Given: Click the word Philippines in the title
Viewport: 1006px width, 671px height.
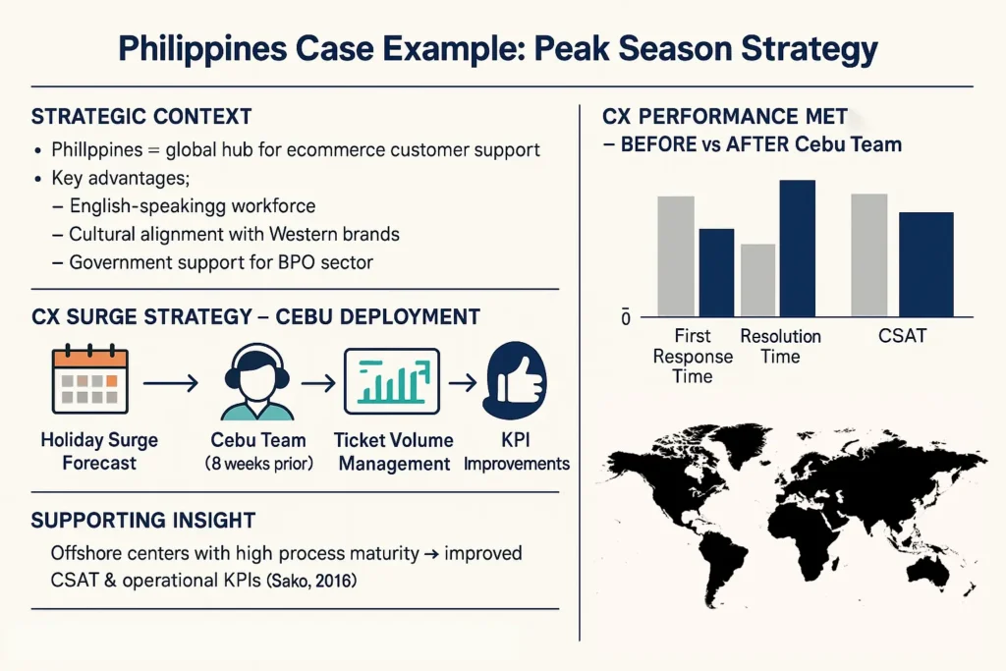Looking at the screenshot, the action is [x=202, y=49].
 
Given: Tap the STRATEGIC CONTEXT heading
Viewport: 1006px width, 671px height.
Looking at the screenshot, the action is [x=141, y=117].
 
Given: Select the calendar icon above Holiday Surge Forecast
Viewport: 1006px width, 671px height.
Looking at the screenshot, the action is [x=89, y=379].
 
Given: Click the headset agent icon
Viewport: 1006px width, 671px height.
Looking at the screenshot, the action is [x=256, y=382].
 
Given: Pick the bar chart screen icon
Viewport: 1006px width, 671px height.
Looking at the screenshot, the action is [x=392, y=381].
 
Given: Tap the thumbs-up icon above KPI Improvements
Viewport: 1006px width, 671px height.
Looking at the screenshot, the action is [x=517, y=380].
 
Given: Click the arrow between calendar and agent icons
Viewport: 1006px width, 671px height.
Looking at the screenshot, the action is [x=171, y=383].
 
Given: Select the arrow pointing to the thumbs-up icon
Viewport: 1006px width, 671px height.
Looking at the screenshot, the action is [x=463, y=383].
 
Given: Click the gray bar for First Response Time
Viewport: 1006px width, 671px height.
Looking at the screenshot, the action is [x=676, y=256].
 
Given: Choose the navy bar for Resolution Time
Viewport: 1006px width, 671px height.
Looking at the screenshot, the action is [x=798, y=249].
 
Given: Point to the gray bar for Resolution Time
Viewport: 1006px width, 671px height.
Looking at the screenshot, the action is [x=757, y=280].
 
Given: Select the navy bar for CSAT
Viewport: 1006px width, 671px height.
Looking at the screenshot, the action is [x=925, y=264].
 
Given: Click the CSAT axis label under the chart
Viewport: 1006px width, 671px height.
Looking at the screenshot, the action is [x=902, y=336].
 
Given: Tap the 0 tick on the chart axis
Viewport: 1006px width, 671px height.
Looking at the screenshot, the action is [x=626, y=318].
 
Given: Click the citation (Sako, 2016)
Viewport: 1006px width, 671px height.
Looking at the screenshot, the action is [x=311, y=582].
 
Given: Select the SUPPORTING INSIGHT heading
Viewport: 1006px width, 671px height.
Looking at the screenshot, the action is [x=143, y=521].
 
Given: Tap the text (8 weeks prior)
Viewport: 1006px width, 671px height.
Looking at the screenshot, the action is [x=258, y=463].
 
